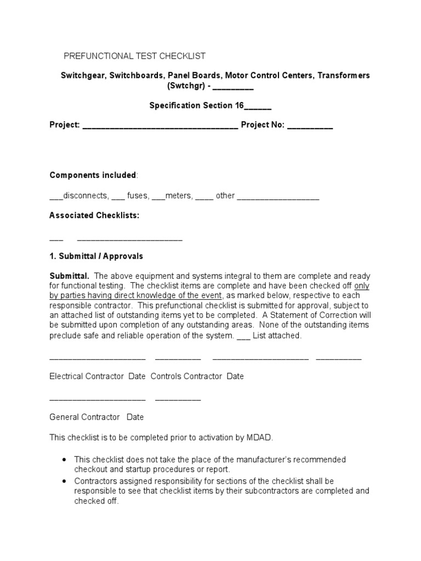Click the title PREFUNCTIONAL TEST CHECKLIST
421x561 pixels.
(x=135, y=56)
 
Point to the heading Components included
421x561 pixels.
(x=93, y=175)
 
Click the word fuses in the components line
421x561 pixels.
(x=137, y=196)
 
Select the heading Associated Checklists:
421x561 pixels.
(x=94, y=215)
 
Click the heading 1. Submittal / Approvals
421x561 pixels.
(x=96, y=256)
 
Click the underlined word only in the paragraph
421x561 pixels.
(x=362, y=286)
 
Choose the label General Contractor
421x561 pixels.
(x=84, y=417)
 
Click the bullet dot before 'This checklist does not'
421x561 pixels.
(x=65, y=459)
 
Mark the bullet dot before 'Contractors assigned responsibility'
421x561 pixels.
(x=65, y=481)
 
